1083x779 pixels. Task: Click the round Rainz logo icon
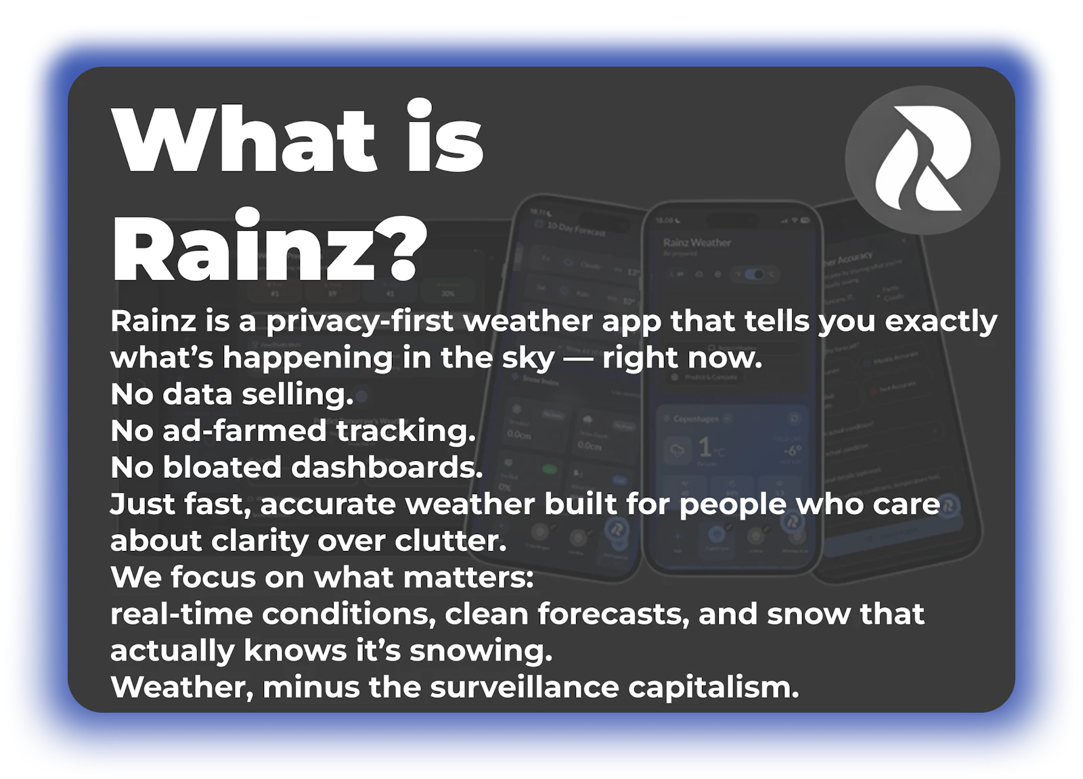click(923, 160)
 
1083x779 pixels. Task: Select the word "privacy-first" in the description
click(359, 321)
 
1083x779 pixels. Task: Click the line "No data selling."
click(231, 395)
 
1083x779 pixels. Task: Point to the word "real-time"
click(181, 614)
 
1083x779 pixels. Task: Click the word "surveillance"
click(524, 687)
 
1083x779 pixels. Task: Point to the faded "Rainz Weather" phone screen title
click(697, 242)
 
